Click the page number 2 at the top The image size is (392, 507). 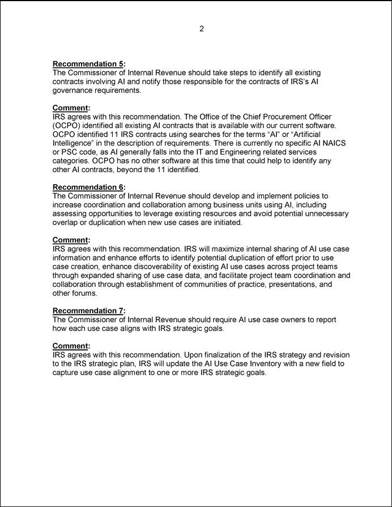pos(201,29)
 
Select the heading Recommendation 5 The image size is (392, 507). pos(88,64)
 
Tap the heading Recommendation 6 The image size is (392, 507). pos(88,187)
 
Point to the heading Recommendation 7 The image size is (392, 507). pos(88,310)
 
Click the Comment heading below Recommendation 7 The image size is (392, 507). pos(70,346)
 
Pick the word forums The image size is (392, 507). pos(84,293)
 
